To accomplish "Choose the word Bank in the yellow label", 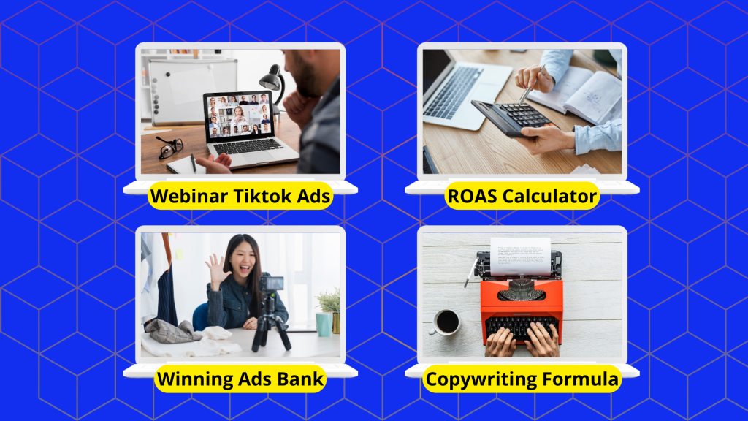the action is click(300, 379).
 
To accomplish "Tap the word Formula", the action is click(581, 379).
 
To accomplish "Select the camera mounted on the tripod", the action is click(271, 284).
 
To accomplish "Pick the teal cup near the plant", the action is click(324, 324).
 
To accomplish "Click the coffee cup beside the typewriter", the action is click(446, 322).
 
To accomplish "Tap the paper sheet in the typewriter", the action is click(520, 257).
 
